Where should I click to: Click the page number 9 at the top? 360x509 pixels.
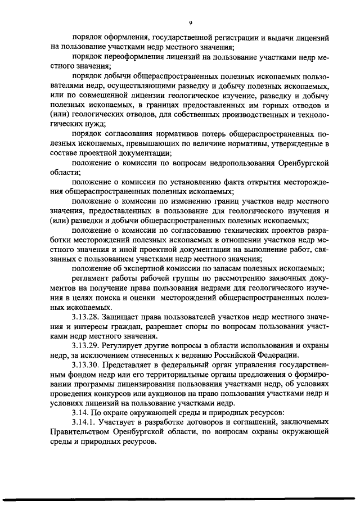point(191,22)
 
